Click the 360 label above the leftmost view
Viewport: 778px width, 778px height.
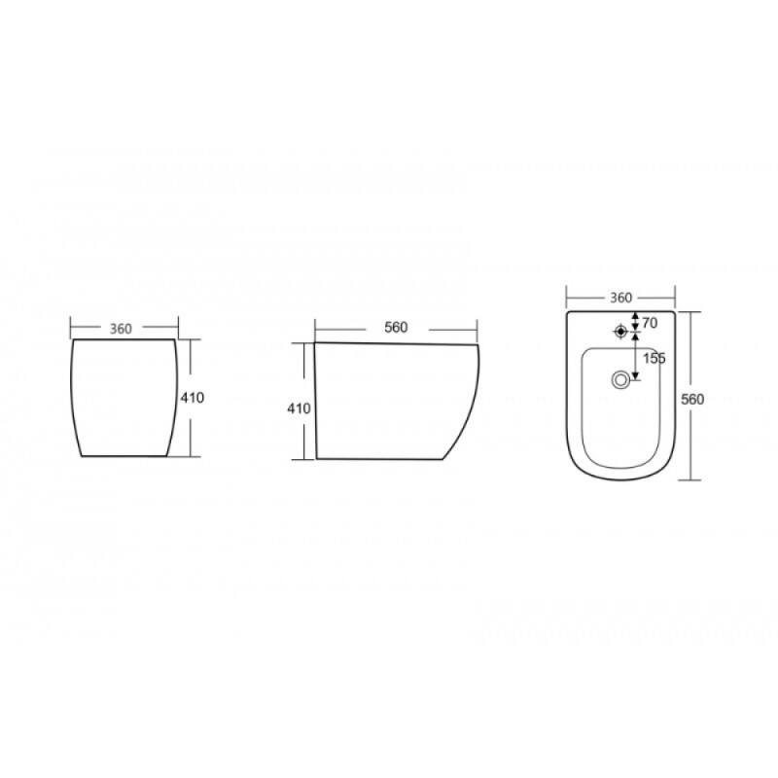coord(121,329)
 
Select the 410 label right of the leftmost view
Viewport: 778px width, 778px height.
coord(192,398)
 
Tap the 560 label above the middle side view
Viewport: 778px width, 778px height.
coord(396,328)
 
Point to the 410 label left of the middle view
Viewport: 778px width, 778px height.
coord(300,408)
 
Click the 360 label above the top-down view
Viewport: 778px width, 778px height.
coord(620,298)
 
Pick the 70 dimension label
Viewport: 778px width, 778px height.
coord(650,323)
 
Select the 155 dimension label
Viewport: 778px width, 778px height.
coord(654,358)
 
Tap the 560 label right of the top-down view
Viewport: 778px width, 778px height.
coord(692,399)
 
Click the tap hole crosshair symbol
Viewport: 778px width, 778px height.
coord(620,331)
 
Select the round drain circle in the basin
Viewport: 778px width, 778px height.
coord(619,380)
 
